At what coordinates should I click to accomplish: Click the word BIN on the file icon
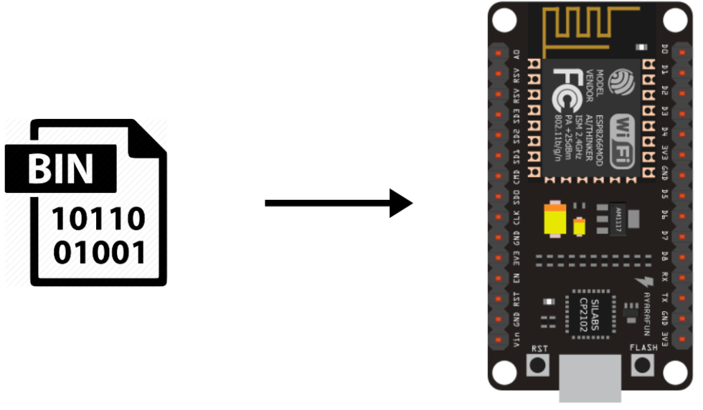60,168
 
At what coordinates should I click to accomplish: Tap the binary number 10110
98,218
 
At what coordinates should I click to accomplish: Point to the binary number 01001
98,252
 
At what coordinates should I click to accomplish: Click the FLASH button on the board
642,364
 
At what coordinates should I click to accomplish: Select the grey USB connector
590,378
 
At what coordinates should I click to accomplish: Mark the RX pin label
665,277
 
